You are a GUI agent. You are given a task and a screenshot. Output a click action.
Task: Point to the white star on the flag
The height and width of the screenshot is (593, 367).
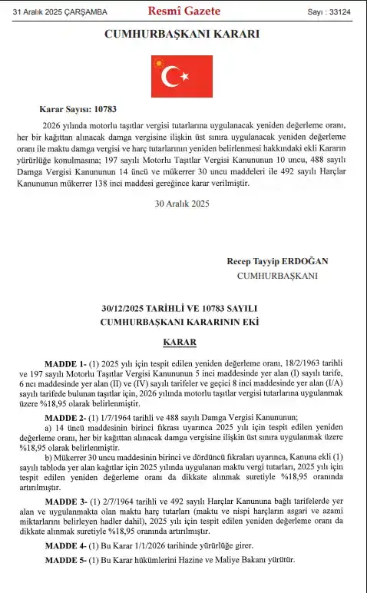pyautogui.click(x=185, y=75)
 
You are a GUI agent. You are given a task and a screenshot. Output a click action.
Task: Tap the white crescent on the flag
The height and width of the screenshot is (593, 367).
pyautogui.click(x=171, y=75)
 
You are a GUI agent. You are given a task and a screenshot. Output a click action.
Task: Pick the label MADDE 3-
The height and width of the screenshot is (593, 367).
pyautogui.click(x=66, y=501)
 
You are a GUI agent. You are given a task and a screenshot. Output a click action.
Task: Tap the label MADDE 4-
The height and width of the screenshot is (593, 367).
pyautogui.click(x=66, y=545)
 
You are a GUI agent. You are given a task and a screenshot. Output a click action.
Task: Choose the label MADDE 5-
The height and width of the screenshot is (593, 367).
pyautogui.click(x=66, y=560)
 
